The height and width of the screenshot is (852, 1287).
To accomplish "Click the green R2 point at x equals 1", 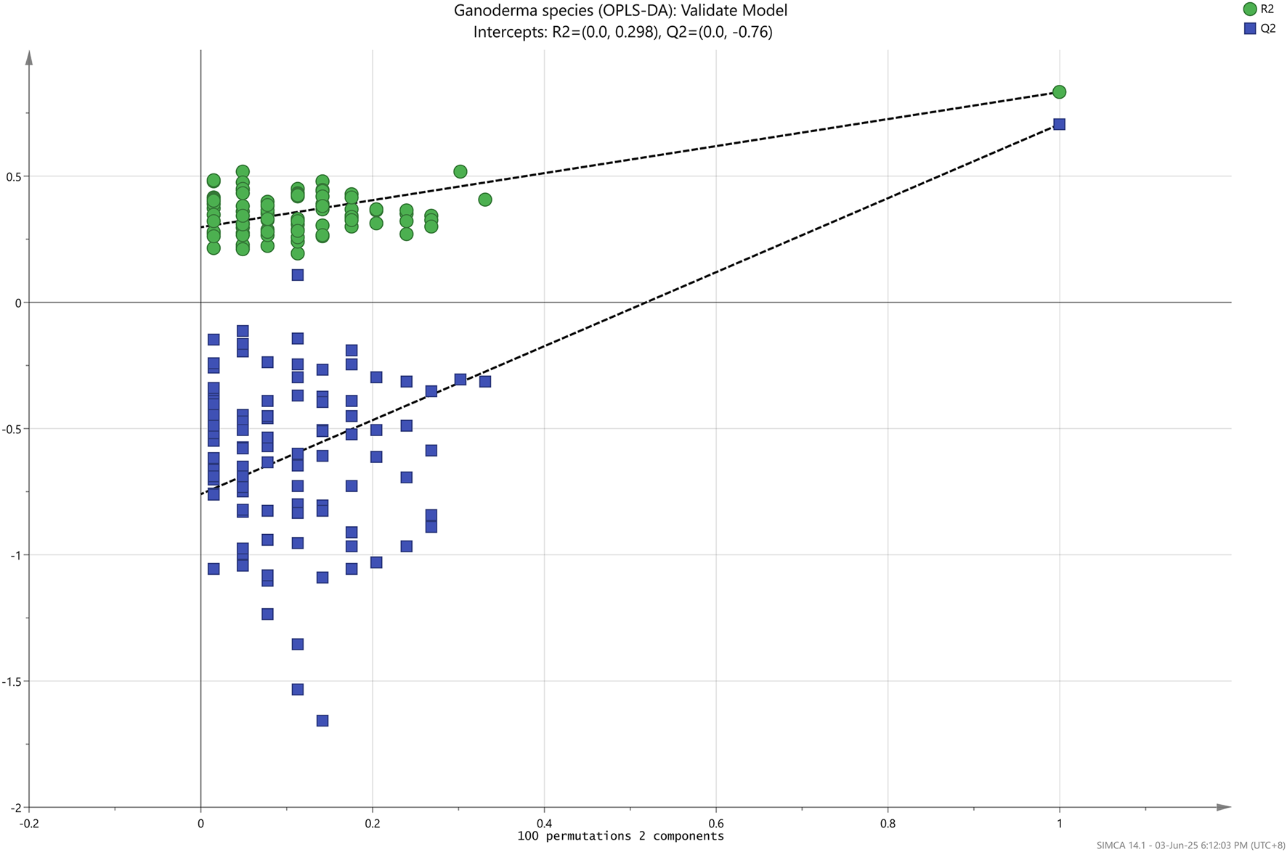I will click(x=1059, y=92).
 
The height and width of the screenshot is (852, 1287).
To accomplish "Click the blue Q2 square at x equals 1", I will click(x=1059, y=125).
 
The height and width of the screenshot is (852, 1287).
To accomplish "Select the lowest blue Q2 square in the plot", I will click(x=322, y=721).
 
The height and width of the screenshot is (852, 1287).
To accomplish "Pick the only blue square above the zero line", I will click(x=297, y=275).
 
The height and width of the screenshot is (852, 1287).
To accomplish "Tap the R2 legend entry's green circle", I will click(x=1250, y=9).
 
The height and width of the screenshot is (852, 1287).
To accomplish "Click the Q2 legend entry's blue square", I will click(x=1250, y=29).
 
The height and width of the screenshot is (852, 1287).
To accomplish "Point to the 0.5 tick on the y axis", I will click(x=14, y=176).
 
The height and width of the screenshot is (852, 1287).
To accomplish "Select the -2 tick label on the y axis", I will click(x=16, y=808).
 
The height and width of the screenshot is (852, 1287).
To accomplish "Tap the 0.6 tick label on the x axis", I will click(x=715, y=823).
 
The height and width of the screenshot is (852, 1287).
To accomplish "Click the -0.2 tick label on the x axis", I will click(x=29, y=823).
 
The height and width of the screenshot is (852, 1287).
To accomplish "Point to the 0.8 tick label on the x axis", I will click(x=887, y=823).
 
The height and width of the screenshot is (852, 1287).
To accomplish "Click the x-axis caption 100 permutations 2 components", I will click(x=620, y=836).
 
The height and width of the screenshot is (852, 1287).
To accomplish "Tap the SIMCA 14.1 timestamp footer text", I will click(x=1190, y=845).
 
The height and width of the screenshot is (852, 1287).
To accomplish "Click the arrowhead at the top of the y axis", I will click(x=29, y=57).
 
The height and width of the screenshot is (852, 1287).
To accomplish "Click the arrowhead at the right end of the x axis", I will click(x=1224, y=807).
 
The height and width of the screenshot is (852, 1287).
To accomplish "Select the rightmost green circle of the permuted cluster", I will click(x=485, y=200).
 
